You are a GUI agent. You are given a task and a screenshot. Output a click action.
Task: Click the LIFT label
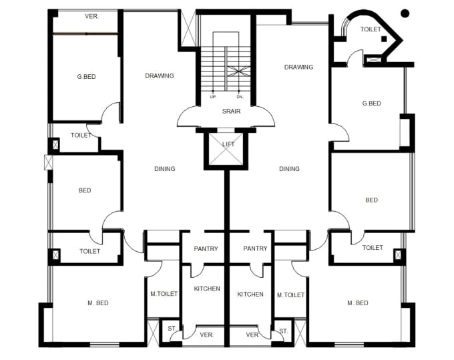tap(228, 144)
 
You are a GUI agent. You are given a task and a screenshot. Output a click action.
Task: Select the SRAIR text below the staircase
tap(231, 112)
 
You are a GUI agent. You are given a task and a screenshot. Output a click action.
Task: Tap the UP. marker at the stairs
tap(213, 97)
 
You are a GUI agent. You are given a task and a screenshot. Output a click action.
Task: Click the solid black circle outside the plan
tap(405, 13)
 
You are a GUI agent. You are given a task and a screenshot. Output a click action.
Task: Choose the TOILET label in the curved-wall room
tap(371, 29)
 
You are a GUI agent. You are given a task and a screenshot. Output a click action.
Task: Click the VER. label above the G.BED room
tap(91, 16)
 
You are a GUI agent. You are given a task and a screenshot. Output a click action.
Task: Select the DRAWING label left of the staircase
tap(160, 76)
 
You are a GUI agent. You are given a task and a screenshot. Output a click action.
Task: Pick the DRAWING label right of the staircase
tap(298, 67)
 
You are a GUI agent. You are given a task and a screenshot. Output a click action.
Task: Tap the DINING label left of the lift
tap(164, 169)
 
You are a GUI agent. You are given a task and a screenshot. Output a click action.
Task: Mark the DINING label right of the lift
tap(289, 169)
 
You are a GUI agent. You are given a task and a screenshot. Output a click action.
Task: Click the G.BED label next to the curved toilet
tap(371, 104)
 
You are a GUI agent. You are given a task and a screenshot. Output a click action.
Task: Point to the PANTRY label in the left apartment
tap(206, 248)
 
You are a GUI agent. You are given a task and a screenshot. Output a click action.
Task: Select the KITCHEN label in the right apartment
tap(250, 295)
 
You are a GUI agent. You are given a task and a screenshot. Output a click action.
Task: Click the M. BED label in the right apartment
tap(357, 303)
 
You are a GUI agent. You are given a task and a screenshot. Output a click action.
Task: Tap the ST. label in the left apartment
tap(172, 329)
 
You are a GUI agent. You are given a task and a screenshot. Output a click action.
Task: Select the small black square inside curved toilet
tap(384, 39)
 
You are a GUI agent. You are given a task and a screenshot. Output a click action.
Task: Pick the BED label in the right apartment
tap(371, 200)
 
